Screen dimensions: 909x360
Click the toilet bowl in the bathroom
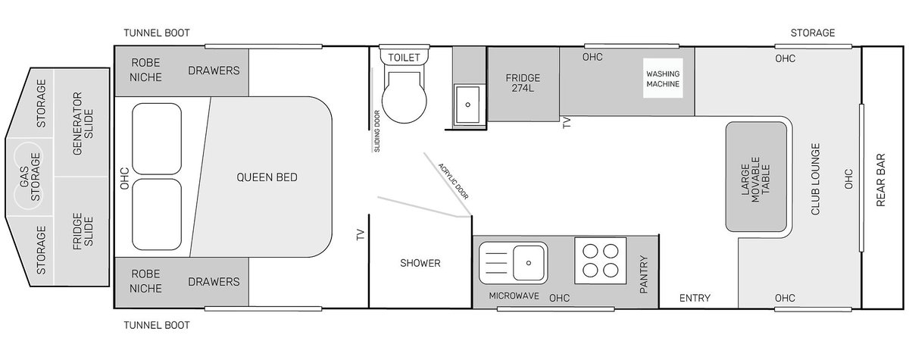tap(405, 98)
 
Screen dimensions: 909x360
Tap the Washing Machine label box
tap(663, 78)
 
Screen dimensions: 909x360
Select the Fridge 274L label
tap(523, 83)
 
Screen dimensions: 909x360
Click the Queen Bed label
tap(267, 177)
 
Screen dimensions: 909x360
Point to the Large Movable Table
tap(756, 177)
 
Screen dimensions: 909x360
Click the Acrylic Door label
tap(453, 181)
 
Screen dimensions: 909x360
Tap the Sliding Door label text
tap(377, 131)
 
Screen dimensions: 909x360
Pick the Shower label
tap(420, 263)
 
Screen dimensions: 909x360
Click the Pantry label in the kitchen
tap(644, 274)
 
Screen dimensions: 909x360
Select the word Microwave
tap(514, 296)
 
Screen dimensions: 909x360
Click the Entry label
tap(695, 299)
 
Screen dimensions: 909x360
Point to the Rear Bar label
tap(880, 180)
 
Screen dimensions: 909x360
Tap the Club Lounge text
tap(815, 179)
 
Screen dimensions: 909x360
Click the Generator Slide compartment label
tap(83, 124)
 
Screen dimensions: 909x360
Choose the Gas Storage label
tap(30, 177)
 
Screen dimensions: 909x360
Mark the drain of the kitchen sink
tap(529, 263)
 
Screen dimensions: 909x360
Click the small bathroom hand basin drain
tap(468, 105)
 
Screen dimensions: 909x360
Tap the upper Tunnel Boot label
tap(157, 33)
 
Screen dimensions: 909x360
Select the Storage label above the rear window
tap(812, 33)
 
